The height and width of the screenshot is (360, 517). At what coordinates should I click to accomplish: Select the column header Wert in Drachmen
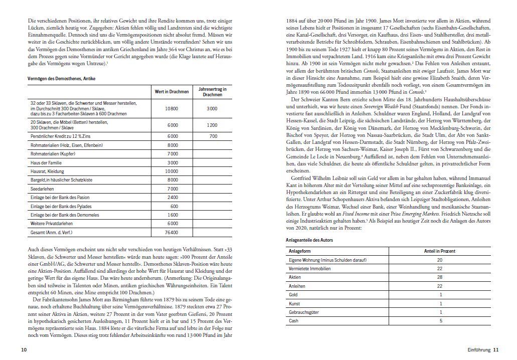tap(171, 92)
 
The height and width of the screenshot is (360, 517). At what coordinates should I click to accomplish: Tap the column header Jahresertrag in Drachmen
tap(213, 92)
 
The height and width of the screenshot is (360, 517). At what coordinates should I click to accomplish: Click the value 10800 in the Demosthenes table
tap(171, 108)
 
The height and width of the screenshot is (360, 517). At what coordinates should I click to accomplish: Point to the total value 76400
tap(171, 233)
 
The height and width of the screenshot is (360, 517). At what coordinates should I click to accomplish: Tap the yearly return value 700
tap(213, 136)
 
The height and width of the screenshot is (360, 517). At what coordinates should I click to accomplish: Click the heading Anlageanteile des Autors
tap(309, 240)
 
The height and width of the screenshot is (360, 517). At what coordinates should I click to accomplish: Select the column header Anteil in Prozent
tap(439, 251)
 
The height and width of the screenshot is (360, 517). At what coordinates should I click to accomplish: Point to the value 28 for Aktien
tap(440, 277)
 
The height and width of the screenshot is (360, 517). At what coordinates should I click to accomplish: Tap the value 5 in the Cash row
tap(440, 321)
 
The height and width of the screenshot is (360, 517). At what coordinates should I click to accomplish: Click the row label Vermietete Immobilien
tap(310, 268)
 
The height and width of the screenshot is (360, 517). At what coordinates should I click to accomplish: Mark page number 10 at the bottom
tap(24, 349)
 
